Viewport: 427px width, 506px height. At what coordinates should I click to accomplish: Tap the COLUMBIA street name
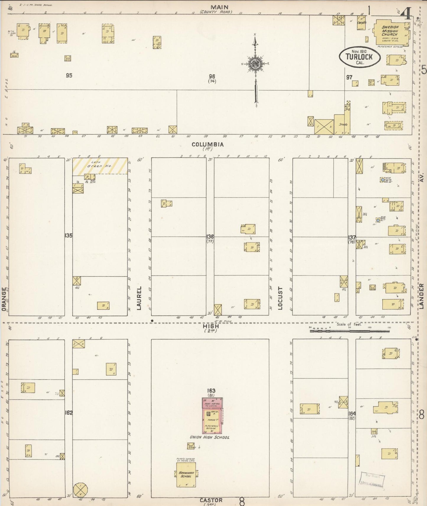(x=207, y=144)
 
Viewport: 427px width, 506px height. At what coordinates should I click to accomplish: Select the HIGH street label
(x=211, y=326)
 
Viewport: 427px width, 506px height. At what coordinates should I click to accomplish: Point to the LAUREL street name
(x=139, y=298)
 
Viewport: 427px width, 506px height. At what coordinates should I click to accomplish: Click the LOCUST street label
(x=280, y=298)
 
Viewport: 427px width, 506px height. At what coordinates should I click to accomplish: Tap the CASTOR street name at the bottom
(x=211, y=500)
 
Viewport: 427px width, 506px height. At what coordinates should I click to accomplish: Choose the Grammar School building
(x=186, y=474)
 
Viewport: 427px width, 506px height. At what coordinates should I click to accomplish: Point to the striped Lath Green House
(x=100, y=166)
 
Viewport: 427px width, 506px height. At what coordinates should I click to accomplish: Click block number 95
(x=69, y=76)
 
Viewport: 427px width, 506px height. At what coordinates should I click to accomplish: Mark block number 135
(x=69, y=236)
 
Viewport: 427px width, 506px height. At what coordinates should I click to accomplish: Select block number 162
(x=69, y=413)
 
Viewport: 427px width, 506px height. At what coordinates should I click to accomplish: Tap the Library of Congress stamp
(x=372, y=479)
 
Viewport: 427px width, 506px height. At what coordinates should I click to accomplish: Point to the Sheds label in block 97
(x=343, y=124)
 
